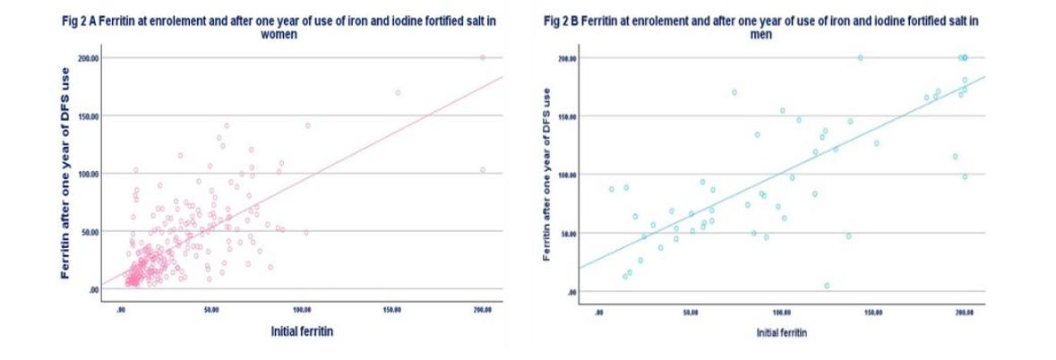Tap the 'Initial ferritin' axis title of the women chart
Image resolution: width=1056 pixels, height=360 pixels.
coord(302,331)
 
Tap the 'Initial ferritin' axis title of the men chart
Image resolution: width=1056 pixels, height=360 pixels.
coord(781,331)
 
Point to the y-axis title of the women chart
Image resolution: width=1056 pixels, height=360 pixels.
coord(64,184)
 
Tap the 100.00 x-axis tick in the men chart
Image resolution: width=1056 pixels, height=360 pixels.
coord(781,313)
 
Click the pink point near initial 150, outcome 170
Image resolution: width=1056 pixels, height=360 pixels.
coord(398,92)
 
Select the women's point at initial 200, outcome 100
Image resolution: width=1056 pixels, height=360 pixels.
coord(482,169)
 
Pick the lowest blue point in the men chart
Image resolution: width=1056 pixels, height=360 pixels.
coord(827,286)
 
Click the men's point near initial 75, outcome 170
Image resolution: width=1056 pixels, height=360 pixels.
coord(734,92)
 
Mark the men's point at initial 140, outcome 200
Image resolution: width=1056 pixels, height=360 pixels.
coord(860,57)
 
